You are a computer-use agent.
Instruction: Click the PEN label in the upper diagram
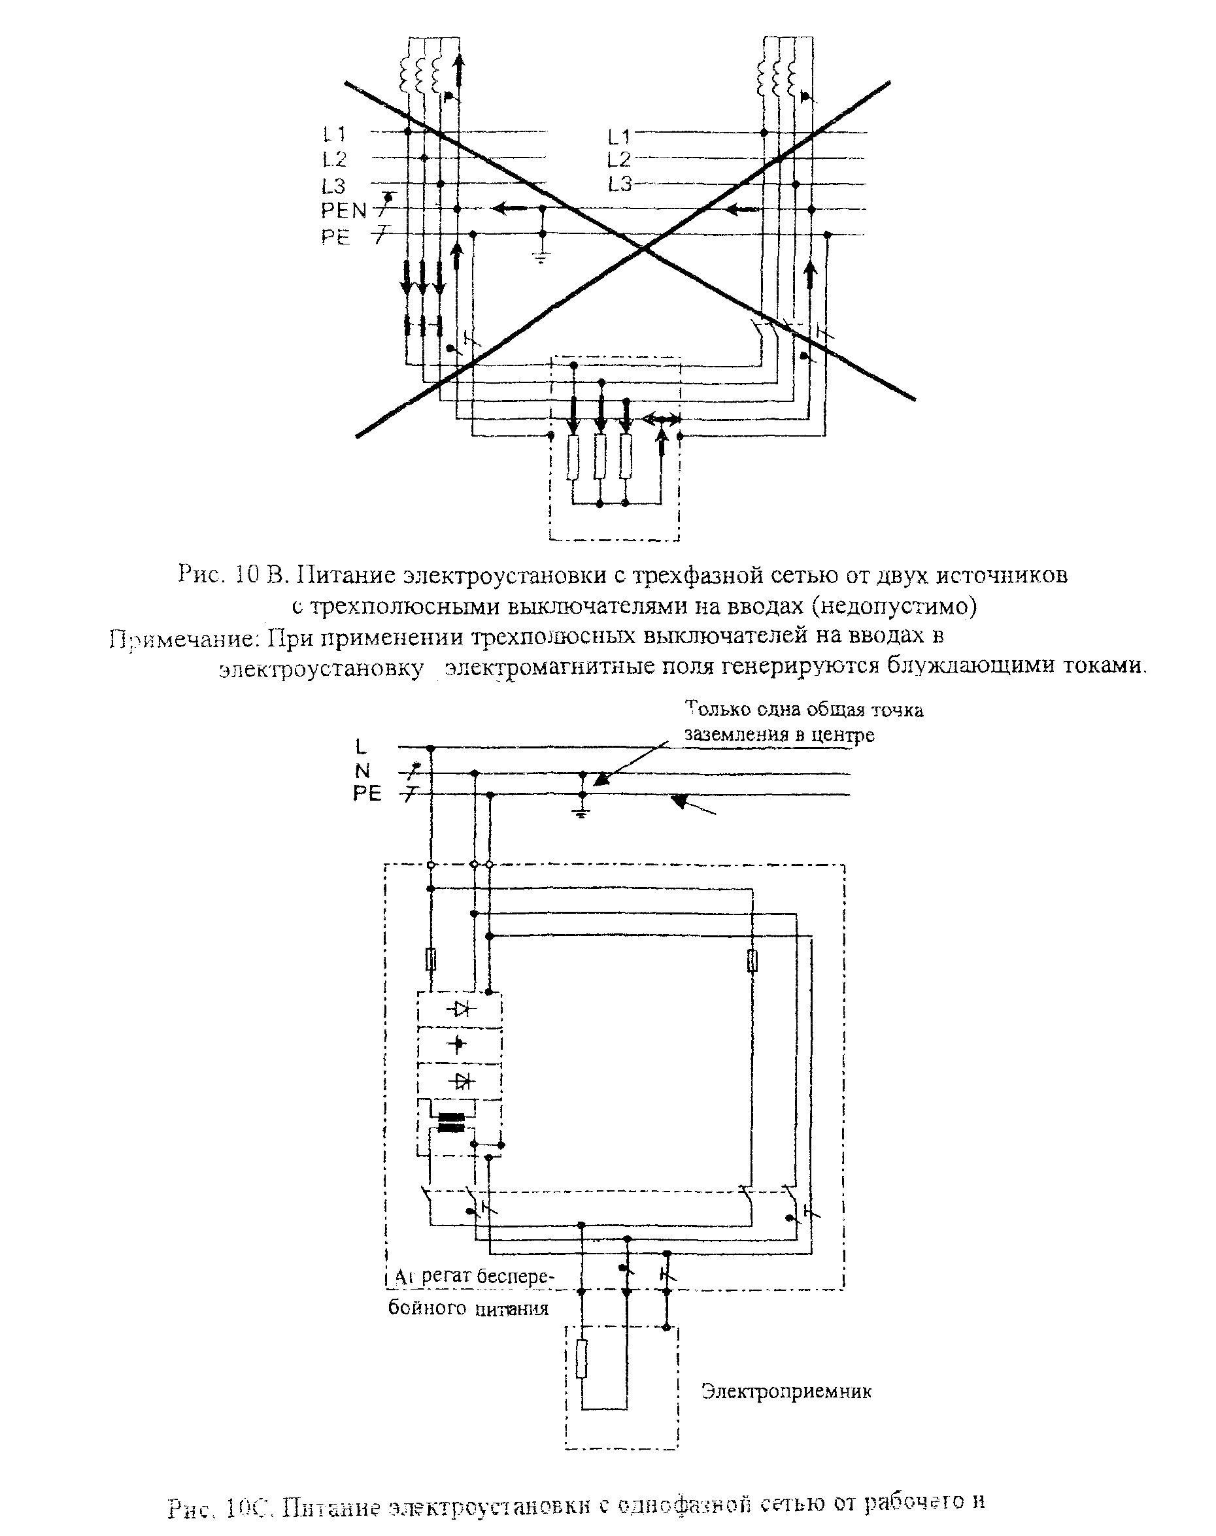coord(343,210)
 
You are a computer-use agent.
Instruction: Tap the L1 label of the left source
coord(333,134)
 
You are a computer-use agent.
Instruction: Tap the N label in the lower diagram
coord(362,771)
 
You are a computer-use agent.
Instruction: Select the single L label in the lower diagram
coord(361,746)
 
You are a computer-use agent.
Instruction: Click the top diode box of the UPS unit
coord(459,1009)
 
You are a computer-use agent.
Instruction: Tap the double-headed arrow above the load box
coord(662,419)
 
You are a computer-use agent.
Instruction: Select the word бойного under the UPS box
coord(428,1307)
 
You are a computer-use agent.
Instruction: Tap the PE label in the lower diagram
coord(367,793)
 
